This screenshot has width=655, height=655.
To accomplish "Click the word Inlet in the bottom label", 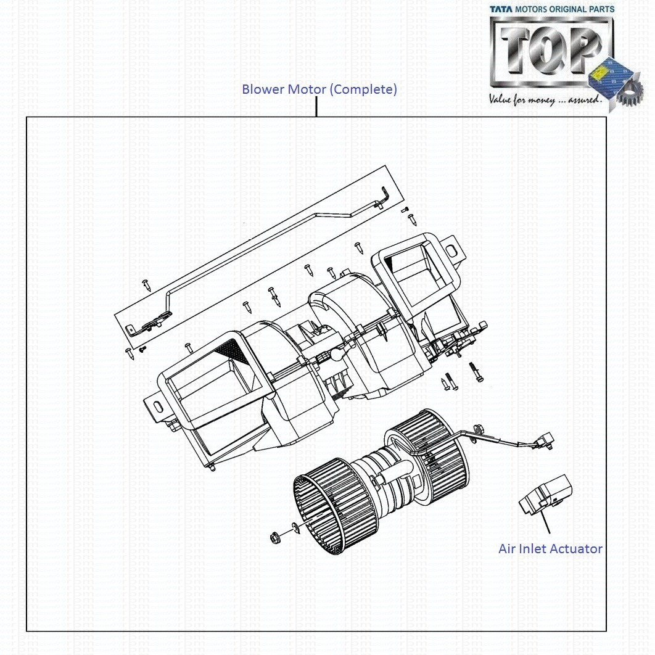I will pos(535,548).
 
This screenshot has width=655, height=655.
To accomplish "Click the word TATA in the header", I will pos(501,9).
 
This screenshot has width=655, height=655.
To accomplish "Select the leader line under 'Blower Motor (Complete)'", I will pos(316,107).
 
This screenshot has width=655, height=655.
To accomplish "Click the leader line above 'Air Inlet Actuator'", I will pos(546,523).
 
